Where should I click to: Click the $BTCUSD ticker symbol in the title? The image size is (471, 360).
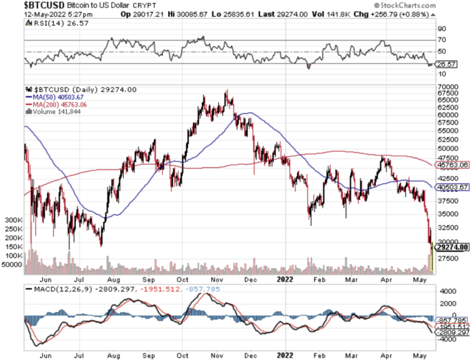coord(24,5)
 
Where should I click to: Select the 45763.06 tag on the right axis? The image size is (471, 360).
coord(453,164)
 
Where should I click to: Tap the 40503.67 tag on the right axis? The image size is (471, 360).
coord(453,187)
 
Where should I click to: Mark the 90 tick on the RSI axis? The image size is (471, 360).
coord(440,28)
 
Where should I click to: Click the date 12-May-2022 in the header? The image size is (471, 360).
coord(24,13)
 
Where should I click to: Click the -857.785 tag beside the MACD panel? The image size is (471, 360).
coord(451,320)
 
